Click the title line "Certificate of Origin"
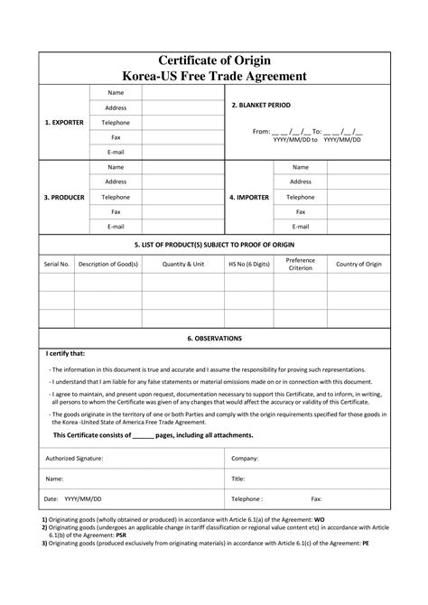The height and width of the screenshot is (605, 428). tap(214, 60)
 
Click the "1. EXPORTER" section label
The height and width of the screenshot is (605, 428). tap(63, 122)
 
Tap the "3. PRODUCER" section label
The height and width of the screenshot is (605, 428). tap(63, 196)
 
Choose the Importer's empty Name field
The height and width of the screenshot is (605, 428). tap(358, 167)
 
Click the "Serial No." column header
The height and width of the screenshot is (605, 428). tap(56, 264)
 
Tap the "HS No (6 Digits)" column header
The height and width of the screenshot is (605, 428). tap(248, 264)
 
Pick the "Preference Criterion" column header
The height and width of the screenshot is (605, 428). tap(301, 264)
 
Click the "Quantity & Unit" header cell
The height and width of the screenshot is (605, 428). tap(183, 264)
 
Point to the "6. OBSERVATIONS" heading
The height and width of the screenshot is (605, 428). tap(214, 338)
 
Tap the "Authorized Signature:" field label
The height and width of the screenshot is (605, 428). tap(74, 459)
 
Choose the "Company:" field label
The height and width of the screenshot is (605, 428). tap(246, 459)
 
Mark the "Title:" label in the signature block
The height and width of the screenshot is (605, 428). tap(238, 479)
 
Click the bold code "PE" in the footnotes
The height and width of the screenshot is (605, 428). tap(366, 545)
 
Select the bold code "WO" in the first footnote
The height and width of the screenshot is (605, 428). tap(318, 521)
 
